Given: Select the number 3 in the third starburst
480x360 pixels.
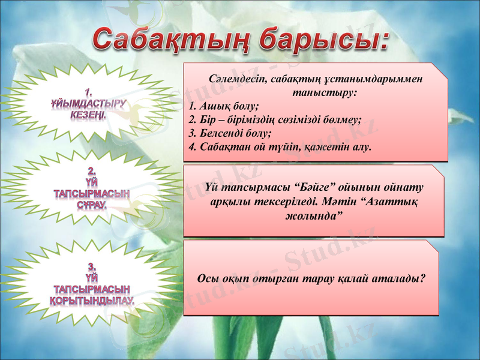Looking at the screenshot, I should [x=91, y=265].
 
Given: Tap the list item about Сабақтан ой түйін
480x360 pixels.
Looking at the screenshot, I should [x=280, y=146].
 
